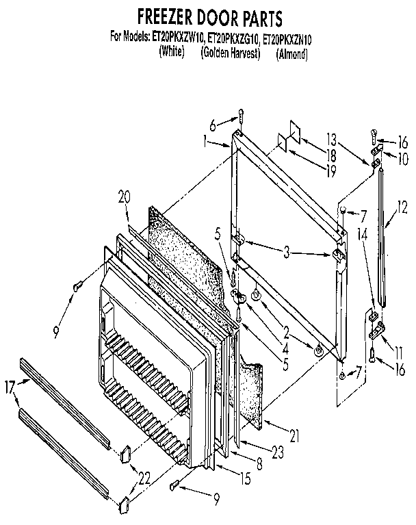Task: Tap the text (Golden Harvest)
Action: (231, 53)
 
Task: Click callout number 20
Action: (124, 195)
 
